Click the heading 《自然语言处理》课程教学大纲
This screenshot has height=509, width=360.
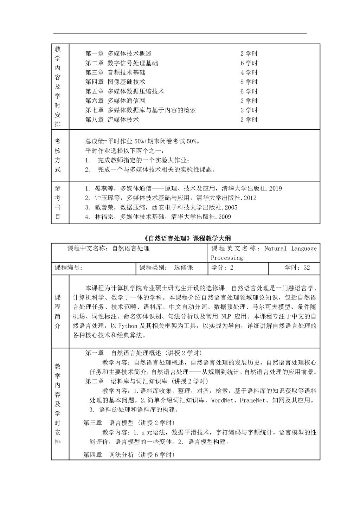188,238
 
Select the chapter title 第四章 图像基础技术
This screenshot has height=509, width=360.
115,82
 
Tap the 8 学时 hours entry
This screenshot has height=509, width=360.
249,82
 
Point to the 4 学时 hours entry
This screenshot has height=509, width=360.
249,72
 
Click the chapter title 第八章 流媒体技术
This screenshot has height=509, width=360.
112,120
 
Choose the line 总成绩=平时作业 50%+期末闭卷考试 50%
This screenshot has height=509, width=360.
143,141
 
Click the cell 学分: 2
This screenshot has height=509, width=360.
222,268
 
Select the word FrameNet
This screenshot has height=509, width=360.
254,400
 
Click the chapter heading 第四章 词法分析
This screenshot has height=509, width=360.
129,455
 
